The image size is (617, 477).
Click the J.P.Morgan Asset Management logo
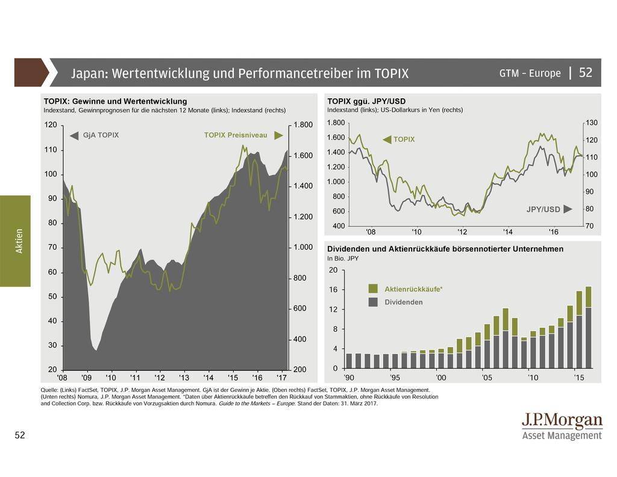point(562,426)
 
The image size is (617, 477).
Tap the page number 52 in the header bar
point(586,73)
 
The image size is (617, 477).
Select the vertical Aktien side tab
point(19,241)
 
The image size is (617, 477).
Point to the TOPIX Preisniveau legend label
point(236,135)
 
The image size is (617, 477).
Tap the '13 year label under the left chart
point(183,377)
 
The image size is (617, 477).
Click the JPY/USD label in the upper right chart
point(543,210)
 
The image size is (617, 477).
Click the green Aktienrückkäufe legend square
point(374,289)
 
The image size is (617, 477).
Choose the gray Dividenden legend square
point(374,302)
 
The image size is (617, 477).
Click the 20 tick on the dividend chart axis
point(333,271)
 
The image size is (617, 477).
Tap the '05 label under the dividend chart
point(487,377)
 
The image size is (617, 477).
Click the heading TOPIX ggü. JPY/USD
point(366,101)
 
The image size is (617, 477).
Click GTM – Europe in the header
point(530,74)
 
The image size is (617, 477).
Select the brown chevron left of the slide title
point(30,72)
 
